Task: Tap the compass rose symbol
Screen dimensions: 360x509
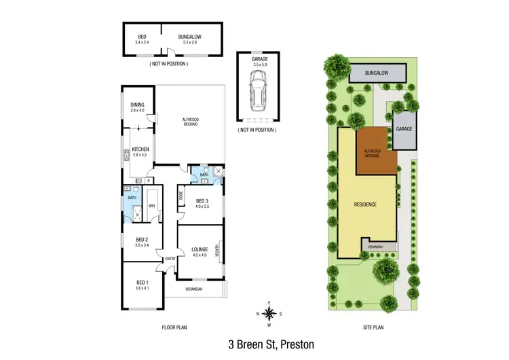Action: [269, 313]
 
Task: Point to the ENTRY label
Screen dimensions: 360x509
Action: [168, 257]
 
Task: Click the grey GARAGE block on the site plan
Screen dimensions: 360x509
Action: [404, 129]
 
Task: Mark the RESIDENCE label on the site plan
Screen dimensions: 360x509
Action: [364, 204]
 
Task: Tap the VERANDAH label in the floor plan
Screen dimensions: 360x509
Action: [193, 290]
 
